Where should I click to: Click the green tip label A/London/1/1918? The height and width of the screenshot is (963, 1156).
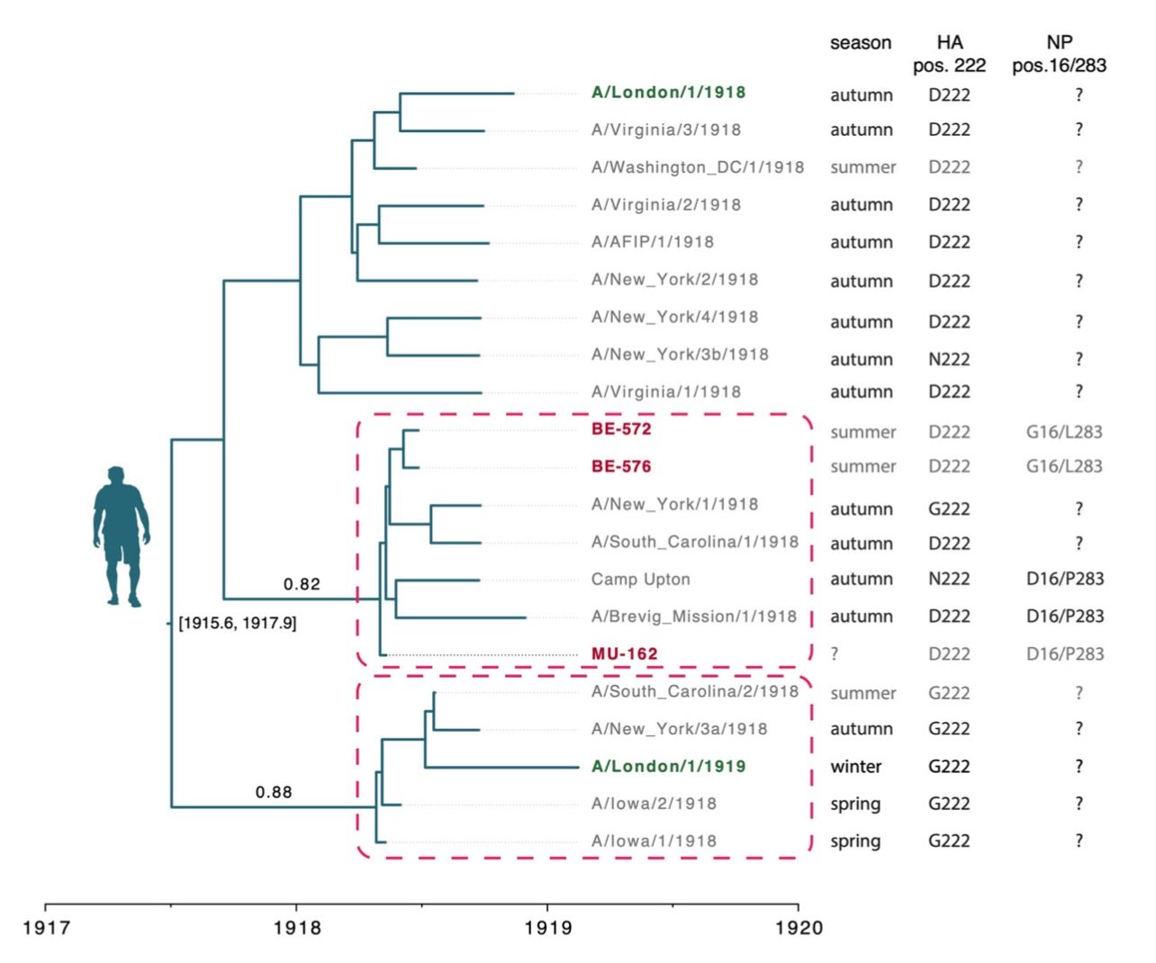668,93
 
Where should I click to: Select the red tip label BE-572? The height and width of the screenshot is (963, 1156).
621,429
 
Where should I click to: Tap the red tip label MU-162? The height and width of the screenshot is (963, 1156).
624,653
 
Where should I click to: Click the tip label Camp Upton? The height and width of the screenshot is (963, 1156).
640,580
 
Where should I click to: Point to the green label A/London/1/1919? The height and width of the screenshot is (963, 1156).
668,767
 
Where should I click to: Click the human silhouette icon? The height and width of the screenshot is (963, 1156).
121,536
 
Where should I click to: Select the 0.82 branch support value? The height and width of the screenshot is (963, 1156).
302,584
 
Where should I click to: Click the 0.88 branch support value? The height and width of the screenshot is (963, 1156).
274,793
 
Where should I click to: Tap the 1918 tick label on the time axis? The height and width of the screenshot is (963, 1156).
297,928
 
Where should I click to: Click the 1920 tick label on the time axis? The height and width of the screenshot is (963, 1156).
799,928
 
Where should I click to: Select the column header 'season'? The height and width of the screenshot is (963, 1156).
861,42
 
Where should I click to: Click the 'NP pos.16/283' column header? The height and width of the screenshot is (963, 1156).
1059,54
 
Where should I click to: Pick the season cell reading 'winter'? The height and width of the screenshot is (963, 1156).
856,767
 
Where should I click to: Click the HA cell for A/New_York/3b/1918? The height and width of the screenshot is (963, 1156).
949,360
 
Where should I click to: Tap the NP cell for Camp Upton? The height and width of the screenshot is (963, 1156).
1065,579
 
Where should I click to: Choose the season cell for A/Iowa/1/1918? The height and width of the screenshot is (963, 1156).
855,841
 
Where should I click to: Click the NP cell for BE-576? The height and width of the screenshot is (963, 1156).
1064,466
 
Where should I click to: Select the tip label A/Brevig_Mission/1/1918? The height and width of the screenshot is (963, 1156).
694,616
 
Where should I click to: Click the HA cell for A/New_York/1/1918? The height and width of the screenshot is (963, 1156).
949,509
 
